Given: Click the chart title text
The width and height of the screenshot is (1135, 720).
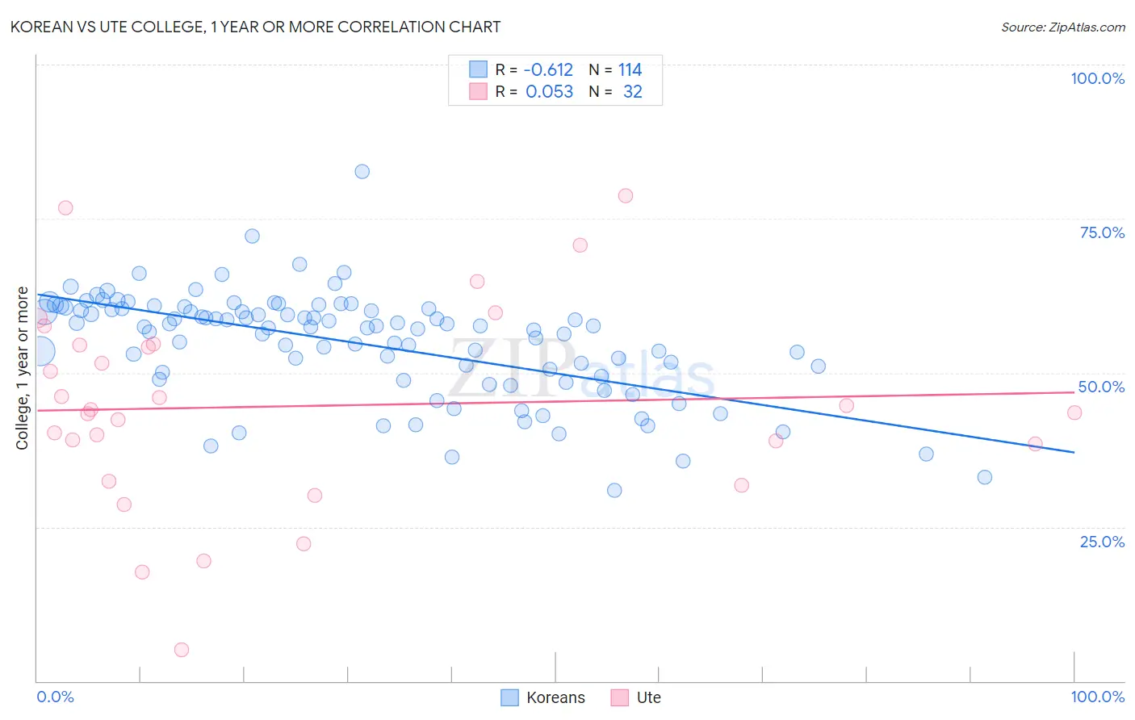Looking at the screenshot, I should pos(255,27).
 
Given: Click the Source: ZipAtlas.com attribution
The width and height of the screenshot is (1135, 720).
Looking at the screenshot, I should pos(1062,27).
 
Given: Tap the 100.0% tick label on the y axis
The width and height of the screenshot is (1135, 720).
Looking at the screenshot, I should pos(1097,78).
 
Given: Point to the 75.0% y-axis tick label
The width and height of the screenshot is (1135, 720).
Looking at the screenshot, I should pos(1102,232).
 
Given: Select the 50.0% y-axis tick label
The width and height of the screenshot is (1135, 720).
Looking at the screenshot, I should pos(1101,387).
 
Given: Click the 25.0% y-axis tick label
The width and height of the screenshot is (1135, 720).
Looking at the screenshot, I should pos(1102,542).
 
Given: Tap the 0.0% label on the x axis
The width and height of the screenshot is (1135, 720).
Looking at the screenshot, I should pos(55,697).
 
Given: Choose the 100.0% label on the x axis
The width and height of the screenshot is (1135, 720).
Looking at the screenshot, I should pos(1097,697).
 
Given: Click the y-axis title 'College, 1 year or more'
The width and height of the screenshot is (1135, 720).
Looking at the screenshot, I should pos(23,368).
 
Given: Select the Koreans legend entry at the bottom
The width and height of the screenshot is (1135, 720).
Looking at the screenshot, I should pos(542,697).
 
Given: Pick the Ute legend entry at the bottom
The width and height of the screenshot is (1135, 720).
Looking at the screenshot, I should pos(636,697).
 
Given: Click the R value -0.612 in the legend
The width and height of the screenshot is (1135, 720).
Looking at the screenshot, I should pos(548,70).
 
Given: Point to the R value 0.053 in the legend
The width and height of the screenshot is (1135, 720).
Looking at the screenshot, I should pos(549,92).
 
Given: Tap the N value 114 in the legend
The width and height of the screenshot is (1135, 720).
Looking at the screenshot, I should pos(630,70).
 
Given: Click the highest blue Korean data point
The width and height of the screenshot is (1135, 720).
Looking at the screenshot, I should pos(362,171).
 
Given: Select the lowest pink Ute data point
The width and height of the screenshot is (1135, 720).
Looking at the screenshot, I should pos(182,650).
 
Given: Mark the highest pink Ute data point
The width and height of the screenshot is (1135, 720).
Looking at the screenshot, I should pos(626,195).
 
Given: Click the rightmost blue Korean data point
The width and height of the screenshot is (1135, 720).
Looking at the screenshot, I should pos(985,477).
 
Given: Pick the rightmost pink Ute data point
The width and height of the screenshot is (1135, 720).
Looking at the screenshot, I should pos(1074,412).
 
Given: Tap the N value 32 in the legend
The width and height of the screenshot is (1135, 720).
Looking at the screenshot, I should pos(633,92).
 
